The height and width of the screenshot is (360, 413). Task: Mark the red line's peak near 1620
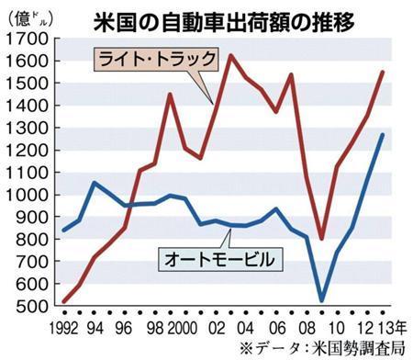[229, 56]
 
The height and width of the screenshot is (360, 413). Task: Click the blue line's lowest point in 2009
[321, 300]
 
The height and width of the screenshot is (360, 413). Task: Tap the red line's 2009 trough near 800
[321, 239]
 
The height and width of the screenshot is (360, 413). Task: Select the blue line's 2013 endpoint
[383, 135]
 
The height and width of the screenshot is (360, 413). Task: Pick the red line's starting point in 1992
[64, 300]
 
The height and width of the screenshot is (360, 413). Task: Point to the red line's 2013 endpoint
[383, 72]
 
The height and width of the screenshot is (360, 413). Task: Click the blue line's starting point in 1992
[64, 230]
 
